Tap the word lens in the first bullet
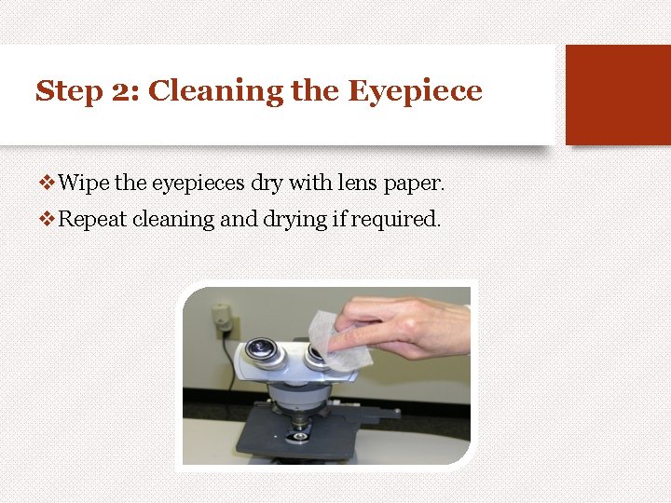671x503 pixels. coord(349,184)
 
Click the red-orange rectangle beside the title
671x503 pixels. coord(618,94)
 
